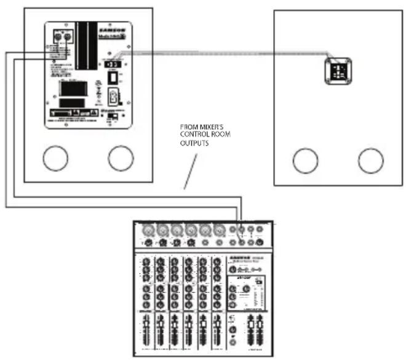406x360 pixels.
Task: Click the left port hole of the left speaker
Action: (55, 159)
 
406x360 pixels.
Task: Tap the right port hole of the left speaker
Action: (121, 159)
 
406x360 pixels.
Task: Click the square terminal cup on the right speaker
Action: (337, 71)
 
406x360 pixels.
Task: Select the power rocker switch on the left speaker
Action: (113, 77)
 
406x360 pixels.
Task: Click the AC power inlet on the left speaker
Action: (113, 97)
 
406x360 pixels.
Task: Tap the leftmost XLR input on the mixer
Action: (148, 231)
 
